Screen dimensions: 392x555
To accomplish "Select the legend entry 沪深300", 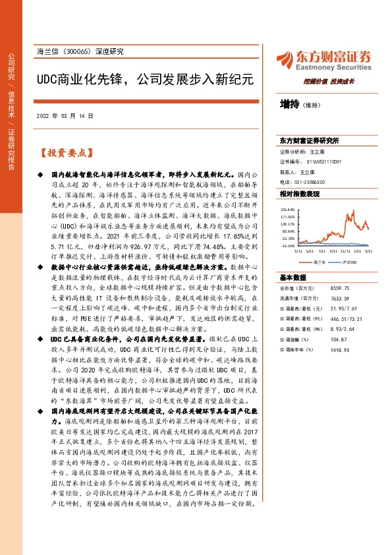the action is pyautogui.click(x=348, y=262).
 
